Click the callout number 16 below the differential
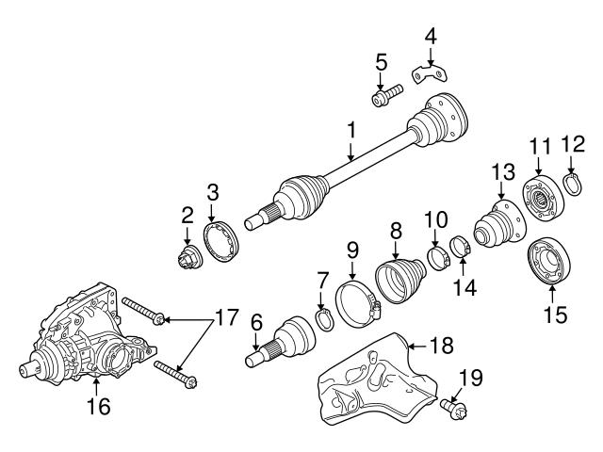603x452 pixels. coord(98,408)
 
